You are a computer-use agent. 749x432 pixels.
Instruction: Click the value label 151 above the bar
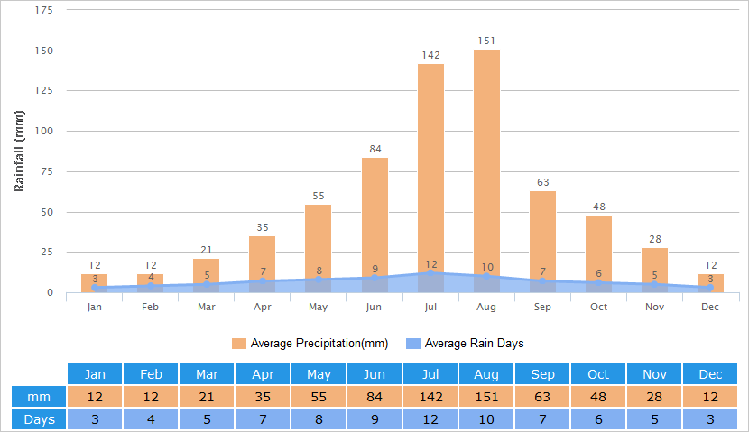486,41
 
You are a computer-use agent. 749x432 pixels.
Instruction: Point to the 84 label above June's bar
374,149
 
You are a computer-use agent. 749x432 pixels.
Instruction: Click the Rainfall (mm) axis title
19,151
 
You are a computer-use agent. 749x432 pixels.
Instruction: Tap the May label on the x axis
318,308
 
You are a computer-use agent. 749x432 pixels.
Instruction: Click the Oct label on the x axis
599,308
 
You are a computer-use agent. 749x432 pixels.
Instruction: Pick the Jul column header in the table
430,374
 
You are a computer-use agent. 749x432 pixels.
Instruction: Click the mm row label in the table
39,397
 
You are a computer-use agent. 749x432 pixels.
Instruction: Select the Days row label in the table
39,418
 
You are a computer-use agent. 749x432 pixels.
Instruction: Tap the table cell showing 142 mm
430,397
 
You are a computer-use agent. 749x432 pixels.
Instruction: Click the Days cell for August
486,418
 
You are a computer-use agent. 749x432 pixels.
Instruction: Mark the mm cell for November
654,397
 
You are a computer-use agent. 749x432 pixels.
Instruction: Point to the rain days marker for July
431,272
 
